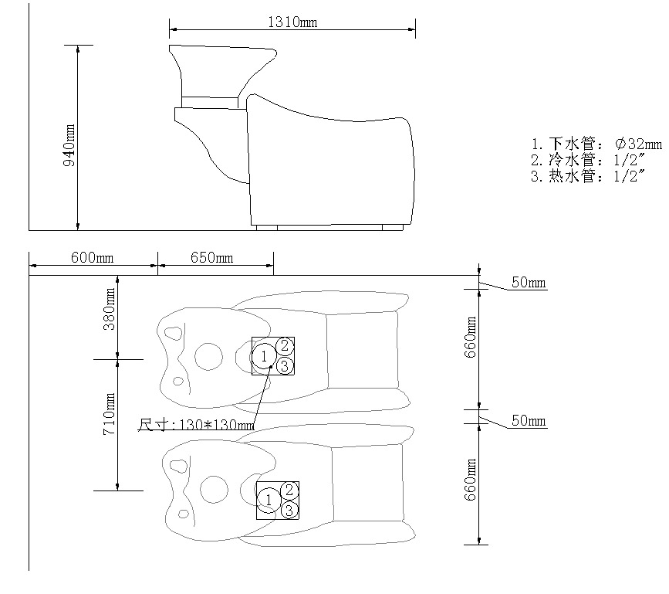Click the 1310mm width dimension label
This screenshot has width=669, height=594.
292,22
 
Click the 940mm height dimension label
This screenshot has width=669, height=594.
69,145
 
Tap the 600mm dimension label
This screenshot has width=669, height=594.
92,258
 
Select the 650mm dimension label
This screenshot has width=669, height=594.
212,258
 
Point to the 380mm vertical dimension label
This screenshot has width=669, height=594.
110,309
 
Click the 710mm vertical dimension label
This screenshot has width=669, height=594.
110,414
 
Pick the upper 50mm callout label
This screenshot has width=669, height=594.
529,282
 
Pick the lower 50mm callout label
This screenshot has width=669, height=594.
529,421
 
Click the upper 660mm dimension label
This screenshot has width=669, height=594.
470,337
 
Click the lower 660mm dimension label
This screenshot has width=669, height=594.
470,480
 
